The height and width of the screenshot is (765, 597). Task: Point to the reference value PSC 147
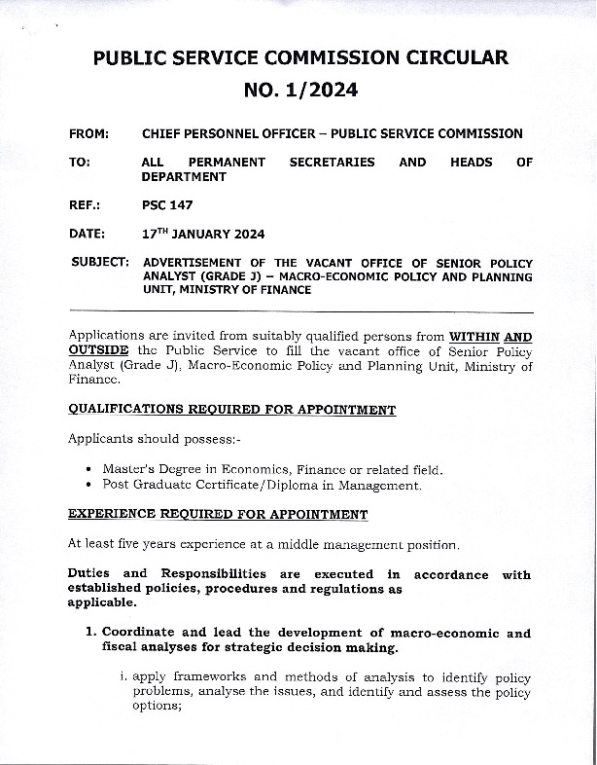[x=167, y=205]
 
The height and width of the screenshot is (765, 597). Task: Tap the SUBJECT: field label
[x=101, y=263]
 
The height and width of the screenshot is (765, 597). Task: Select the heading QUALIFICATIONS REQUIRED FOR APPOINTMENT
[x=232, y=410]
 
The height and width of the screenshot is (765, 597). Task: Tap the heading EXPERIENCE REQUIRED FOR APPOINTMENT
[x=218, y=514]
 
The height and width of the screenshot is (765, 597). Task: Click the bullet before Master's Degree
[x=89, y=469]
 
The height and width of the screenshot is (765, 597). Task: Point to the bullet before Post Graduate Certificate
[x=89, y=485]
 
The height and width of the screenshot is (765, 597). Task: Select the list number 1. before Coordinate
[x=91, y=633]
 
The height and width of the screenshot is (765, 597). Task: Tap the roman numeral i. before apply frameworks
[x=123, y=675]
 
